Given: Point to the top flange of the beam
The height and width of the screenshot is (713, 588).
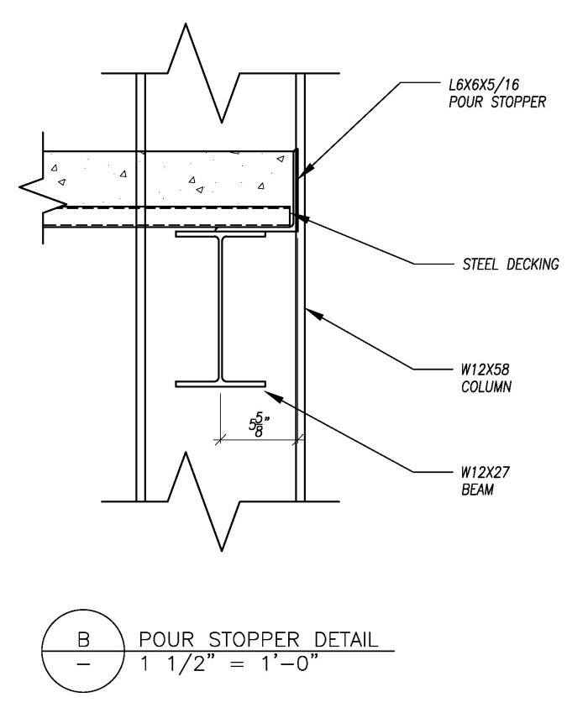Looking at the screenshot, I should (220, 235).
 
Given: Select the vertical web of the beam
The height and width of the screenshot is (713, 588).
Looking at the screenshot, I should (220, 311).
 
